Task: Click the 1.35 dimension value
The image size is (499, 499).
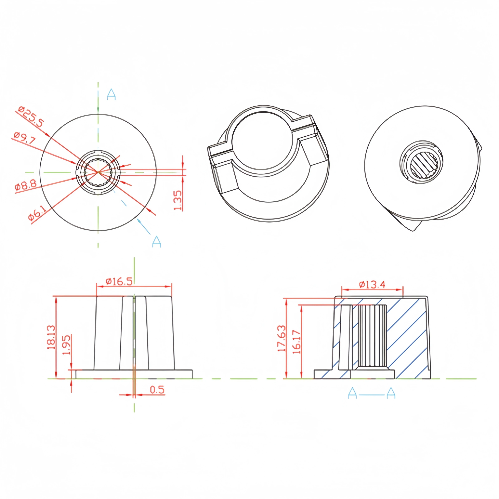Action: point(178,200)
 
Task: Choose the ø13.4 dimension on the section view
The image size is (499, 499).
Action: point(372,285)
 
